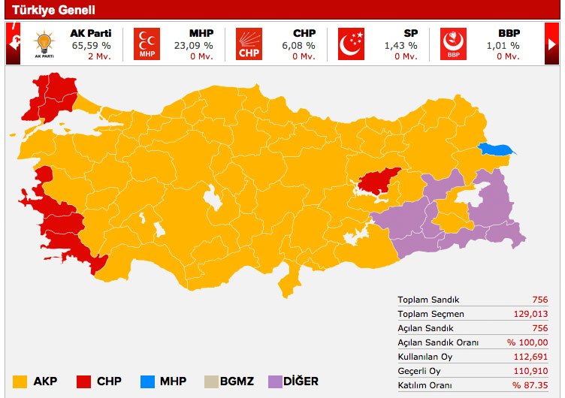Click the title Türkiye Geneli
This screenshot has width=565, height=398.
point(53,10)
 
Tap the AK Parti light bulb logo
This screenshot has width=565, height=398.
point(45,43)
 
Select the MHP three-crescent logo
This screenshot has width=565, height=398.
point(147,44)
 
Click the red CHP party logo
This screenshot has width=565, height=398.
point(249,44)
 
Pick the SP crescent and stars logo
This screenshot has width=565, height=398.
point(351,44)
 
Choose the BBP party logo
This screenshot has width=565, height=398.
point(453,44)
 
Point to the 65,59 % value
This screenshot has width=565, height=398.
point(89,45)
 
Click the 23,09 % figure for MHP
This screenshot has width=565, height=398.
point(195,45)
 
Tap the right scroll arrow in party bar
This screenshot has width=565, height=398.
point(553,44)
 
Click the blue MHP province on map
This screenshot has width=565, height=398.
point(496,149)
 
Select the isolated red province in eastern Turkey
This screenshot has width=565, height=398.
point(379,180)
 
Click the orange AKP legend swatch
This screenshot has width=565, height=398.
point(20,381)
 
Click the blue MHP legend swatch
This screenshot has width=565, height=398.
point(148,381)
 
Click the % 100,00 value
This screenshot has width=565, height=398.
point(530,342)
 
